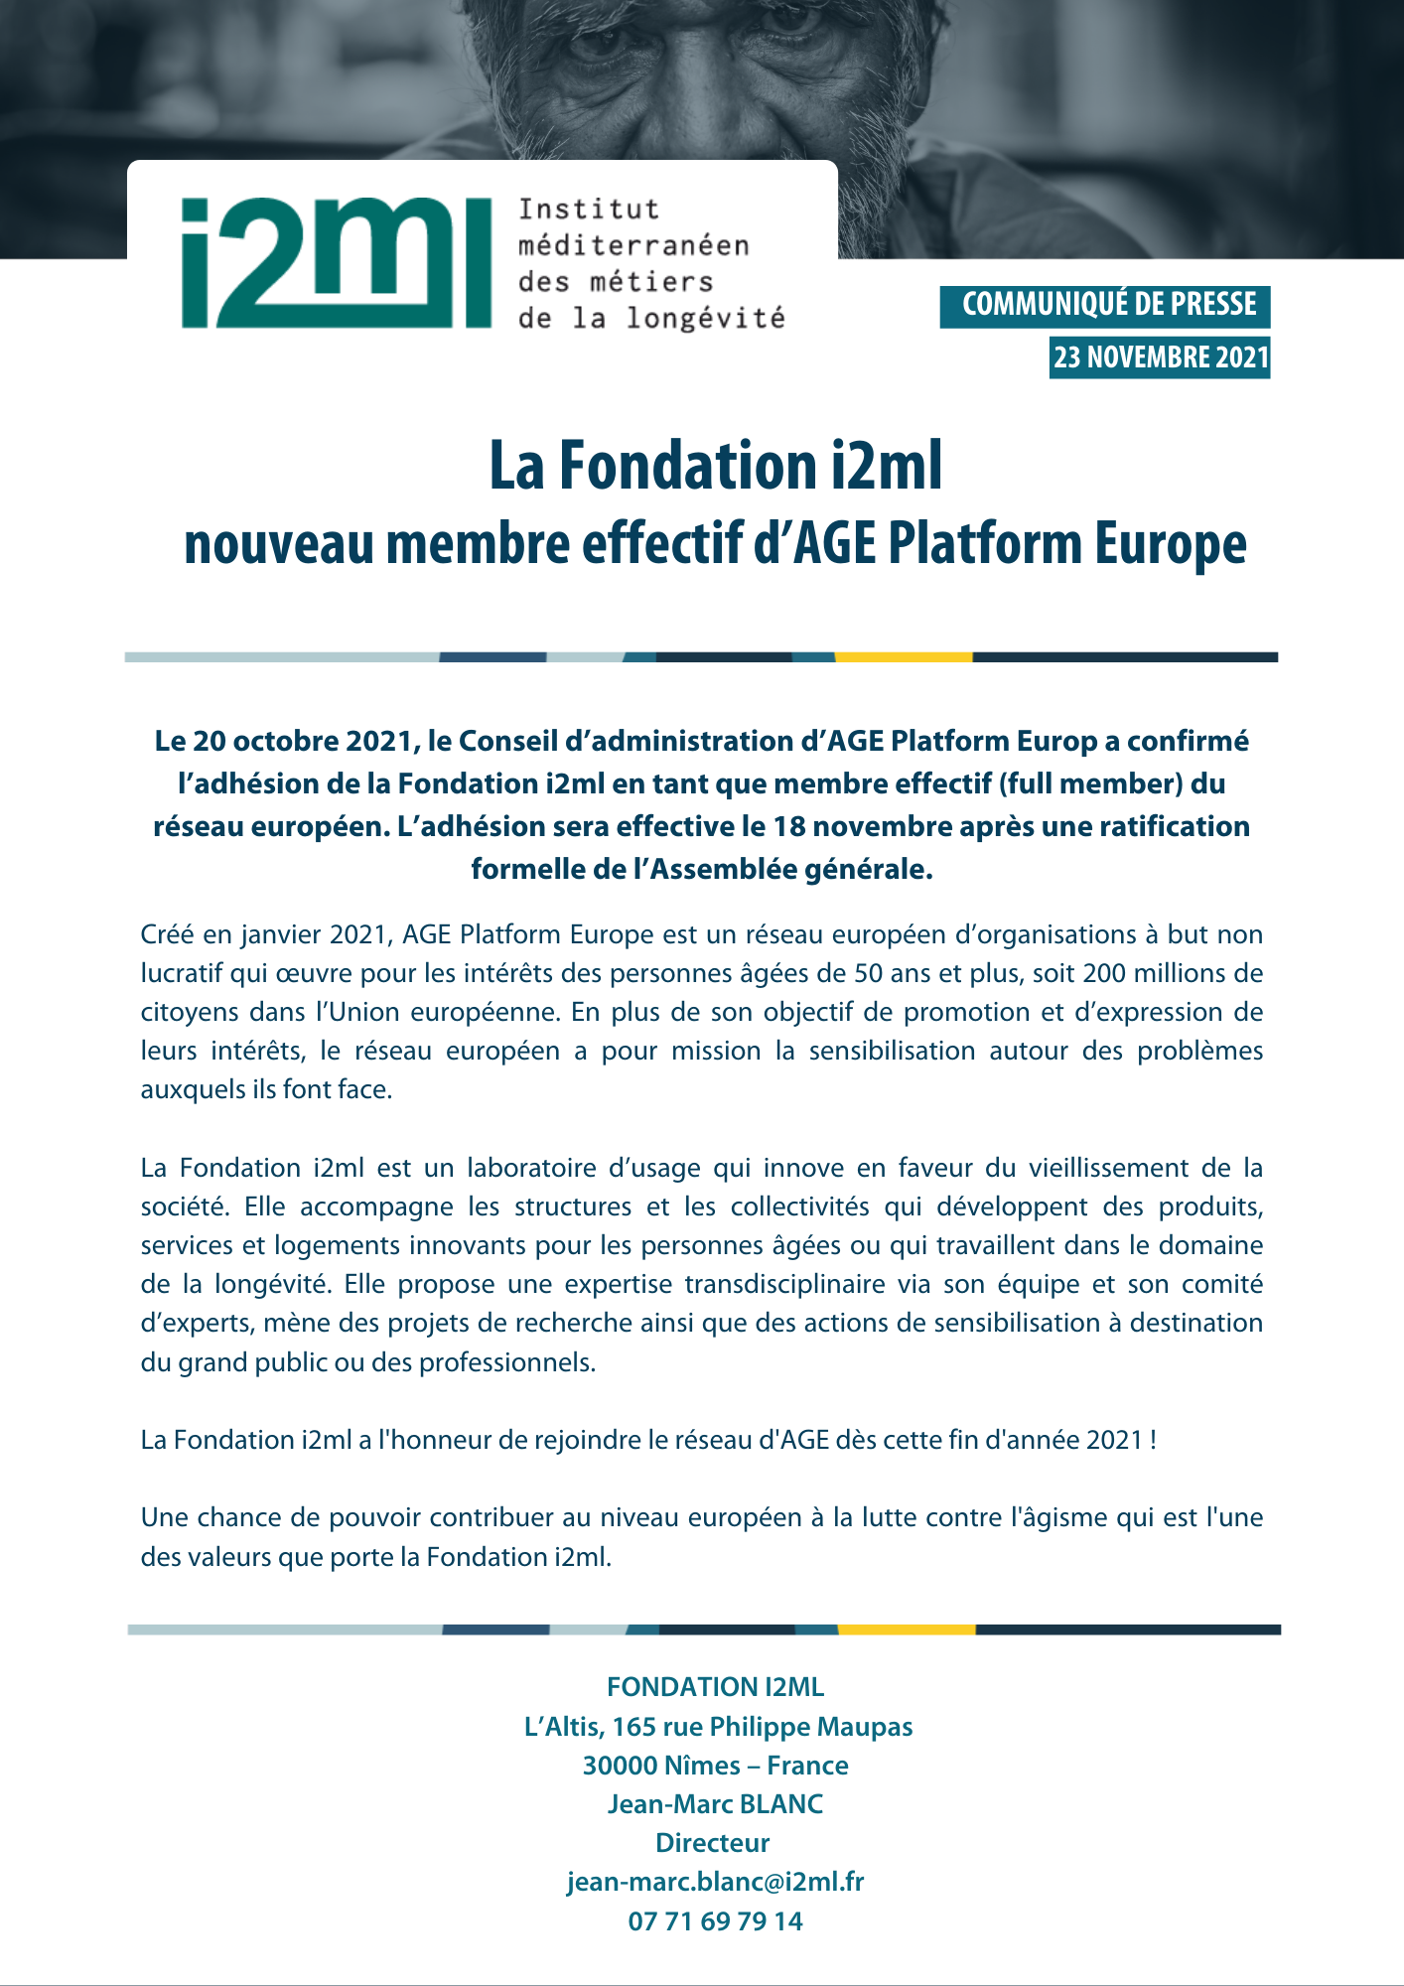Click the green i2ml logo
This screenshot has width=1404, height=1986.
336,263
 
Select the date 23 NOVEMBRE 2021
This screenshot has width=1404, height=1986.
1161,357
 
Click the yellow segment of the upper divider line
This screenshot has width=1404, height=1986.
903,657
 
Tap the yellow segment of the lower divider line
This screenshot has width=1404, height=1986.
906,1630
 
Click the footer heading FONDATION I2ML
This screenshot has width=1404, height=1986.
715,1687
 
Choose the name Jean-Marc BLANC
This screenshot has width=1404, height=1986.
715,1804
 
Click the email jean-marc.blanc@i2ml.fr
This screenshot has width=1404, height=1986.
715,1882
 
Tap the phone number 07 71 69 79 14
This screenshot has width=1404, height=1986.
715,1921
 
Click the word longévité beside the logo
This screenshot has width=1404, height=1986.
705,319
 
